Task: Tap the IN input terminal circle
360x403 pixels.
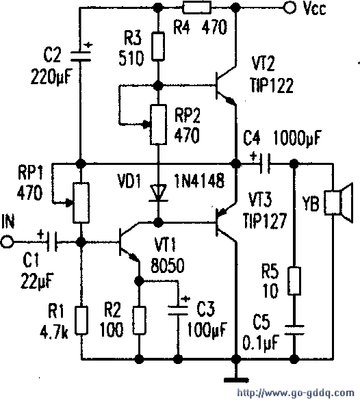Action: pos(7,242)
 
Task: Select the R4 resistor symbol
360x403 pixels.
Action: pos(196,8)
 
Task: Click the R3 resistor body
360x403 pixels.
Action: pos(158,47)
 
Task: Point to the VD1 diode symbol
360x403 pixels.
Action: pos(158,192)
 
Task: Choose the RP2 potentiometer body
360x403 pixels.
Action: pos(158,125)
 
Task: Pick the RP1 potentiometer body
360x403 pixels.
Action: pos(81,203)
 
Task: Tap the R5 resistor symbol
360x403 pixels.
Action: pos(294,281)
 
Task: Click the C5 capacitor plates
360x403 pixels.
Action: pos(294,330)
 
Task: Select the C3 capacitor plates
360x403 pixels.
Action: pos(178,310)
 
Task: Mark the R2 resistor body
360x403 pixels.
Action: pos(139,320)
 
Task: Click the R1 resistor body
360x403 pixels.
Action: pos(81,320)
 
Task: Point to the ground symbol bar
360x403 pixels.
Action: pos(236,380)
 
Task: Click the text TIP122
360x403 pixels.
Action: pos(272,85)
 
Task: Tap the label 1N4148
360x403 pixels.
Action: pos(199,181)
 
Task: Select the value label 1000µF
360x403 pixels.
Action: pos(297,138)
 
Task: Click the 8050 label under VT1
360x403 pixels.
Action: pos(168,265)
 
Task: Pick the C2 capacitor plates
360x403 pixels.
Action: pos(81,56)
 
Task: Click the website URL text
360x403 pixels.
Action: pos(296,393)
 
